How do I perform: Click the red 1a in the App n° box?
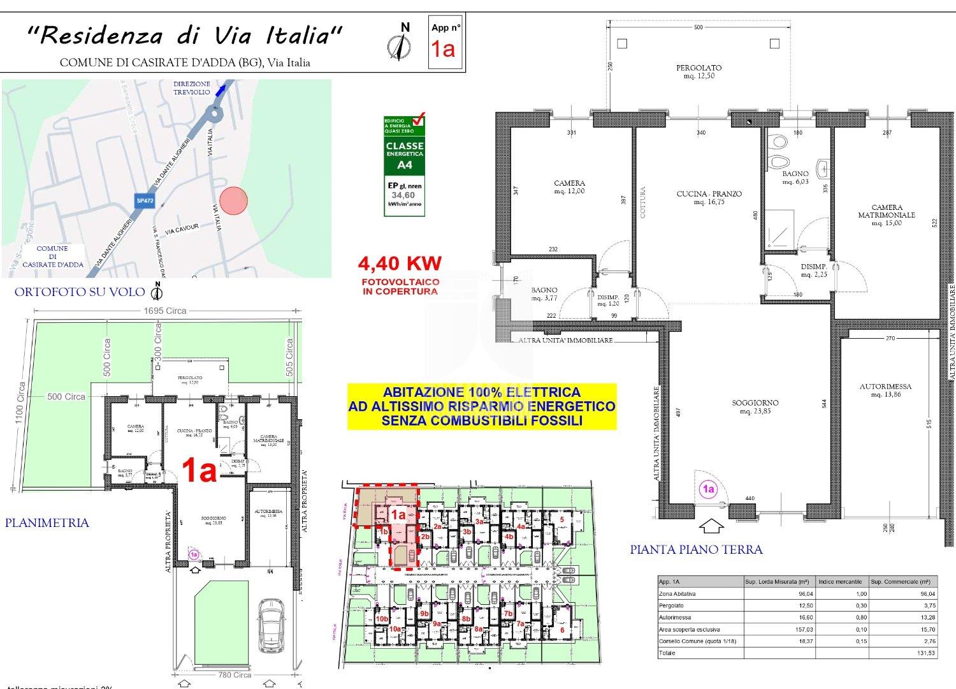(443, 49)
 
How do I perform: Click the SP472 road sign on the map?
(145, 200)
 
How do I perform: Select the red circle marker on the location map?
(233, 200)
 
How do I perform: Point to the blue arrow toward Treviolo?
(221, 90)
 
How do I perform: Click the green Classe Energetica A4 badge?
(404, 165)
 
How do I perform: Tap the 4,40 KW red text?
(400, 263)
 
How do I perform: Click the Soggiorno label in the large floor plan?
(755, 406)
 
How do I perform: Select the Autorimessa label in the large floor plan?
(885, 390)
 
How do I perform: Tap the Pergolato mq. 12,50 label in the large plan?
(699, 71)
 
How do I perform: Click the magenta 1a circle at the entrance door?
(708, 489)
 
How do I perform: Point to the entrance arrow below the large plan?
(711, 526)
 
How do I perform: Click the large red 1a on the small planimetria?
(199, 471)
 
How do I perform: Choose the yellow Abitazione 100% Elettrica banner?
(481, 406)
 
